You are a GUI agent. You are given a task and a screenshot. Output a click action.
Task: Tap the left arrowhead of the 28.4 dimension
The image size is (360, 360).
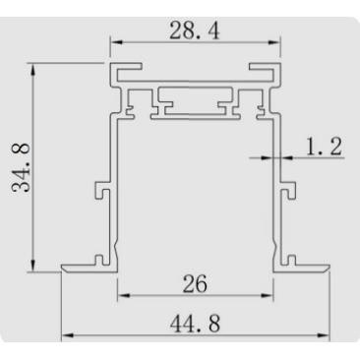[115, 42]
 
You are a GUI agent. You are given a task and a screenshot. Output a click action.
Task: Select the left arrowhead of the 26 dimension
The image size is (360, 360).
[123, 295]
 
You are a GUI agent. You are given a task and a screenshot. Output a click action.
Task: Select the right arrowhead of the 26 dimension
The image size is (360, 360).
[270, 295]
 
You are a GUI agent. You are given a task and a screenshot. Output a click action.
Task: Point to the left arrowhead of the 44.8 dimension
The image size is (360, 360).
[65, 335]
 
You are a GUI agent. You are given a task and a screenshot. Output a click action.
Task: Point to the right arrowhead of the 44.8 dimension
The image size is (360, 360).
[327, 335]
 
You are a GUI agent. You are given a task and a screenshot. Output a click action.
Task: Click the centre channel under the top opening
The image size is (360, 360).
[196, 103]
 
